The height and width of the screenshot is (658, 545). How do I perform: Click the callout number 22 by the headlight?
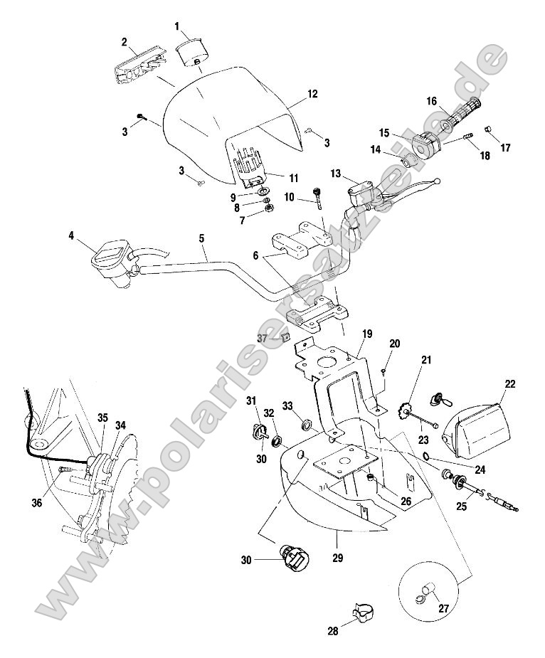[x=510, y=385]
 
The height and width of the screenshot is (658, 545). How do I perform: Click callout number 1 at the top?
[x=177, y=26]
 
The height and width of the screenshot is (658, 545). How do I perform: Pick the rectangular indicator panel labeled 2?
[x=138, y=66]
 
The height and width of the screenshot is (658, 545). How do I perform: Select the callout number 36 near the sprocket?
[x=37, y=503]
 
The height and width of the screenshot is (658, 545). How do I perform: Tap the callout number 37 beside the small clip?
[x=263, y=339]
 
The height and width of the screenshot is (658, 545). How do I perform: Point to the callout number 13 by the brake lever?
[x=337, y=174]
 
